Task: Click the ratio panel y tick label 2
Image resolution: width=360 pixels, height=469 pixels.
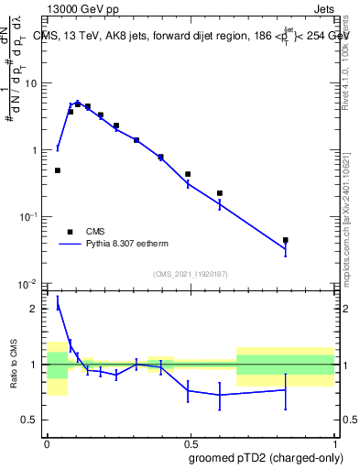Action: click(x=34, y=310)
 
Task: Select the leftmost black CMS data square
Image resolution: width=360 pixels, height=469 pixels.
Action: click(x=58, y=170)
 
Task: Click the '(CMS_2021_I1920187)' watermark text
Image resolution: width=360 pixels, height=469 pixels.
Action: click(x=190, y=274)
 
